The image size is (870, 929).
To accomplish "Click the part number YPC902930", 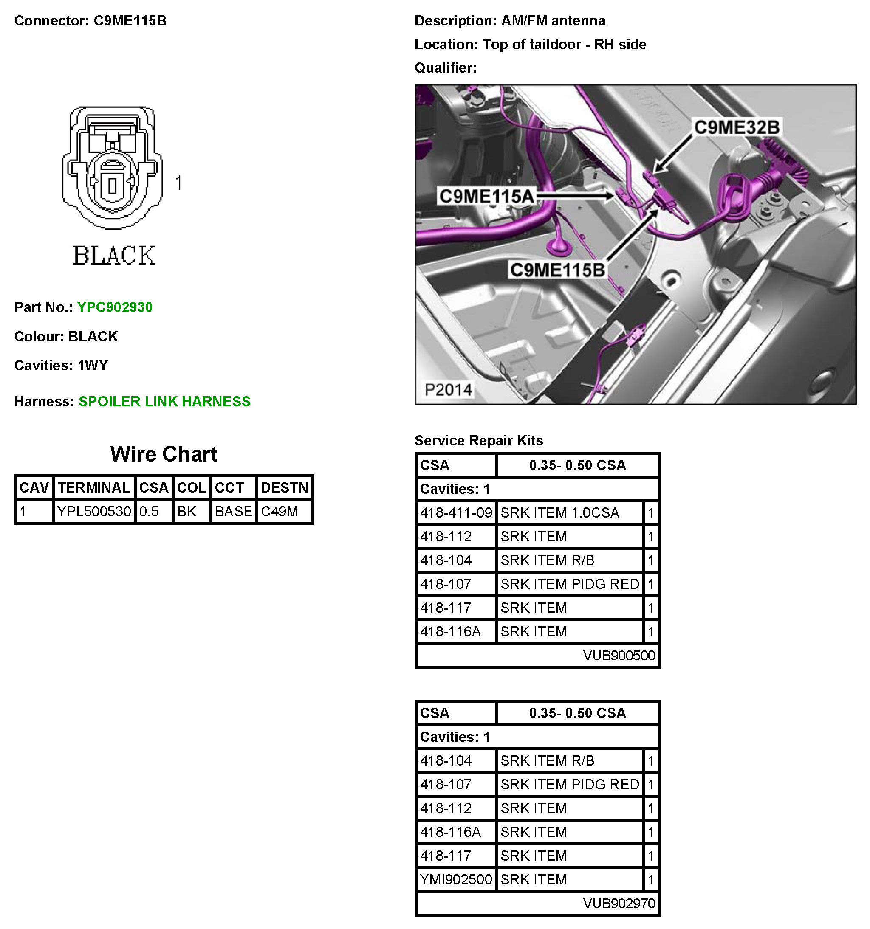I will tap(115, 307).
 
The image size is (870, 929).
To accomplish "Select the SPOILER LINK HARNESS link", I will tap(164, 401).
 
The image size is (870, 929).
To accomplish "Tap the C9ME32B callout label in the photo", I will tap(737, 127).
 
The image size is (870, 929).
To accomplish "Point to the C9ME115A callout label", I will tap(486, 196).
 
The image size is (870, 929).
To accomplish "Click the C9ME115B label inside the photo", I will tap(557, 270).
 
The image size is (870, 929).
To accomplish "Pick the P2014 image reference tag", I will tap(448, 389).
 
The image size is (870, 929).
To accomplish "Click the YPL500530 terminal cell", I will tap(94, 511).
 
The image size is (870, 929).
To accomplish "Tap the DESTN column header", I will tap(284, 487).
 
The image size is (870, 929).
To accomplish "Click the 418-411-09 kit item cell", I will tap(456, 512).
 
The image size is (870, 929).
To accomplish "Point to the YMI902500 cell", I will tap(456, 879).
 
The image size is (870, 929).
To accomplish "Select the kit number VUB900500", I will tap(619, 655).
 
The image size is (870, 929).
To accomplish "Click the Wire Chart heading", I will tap(164, 454).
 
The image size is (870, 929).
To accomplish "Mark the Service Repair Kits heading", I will tap(479, 440).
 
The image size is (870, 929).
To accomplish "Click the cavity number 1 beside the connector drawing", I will tap(178, 183).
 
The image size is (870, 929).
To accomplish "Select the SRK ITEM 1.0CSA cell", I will tap(559, 512).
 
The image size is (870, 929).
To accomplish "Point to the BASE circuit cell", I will tap(233, 511).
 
